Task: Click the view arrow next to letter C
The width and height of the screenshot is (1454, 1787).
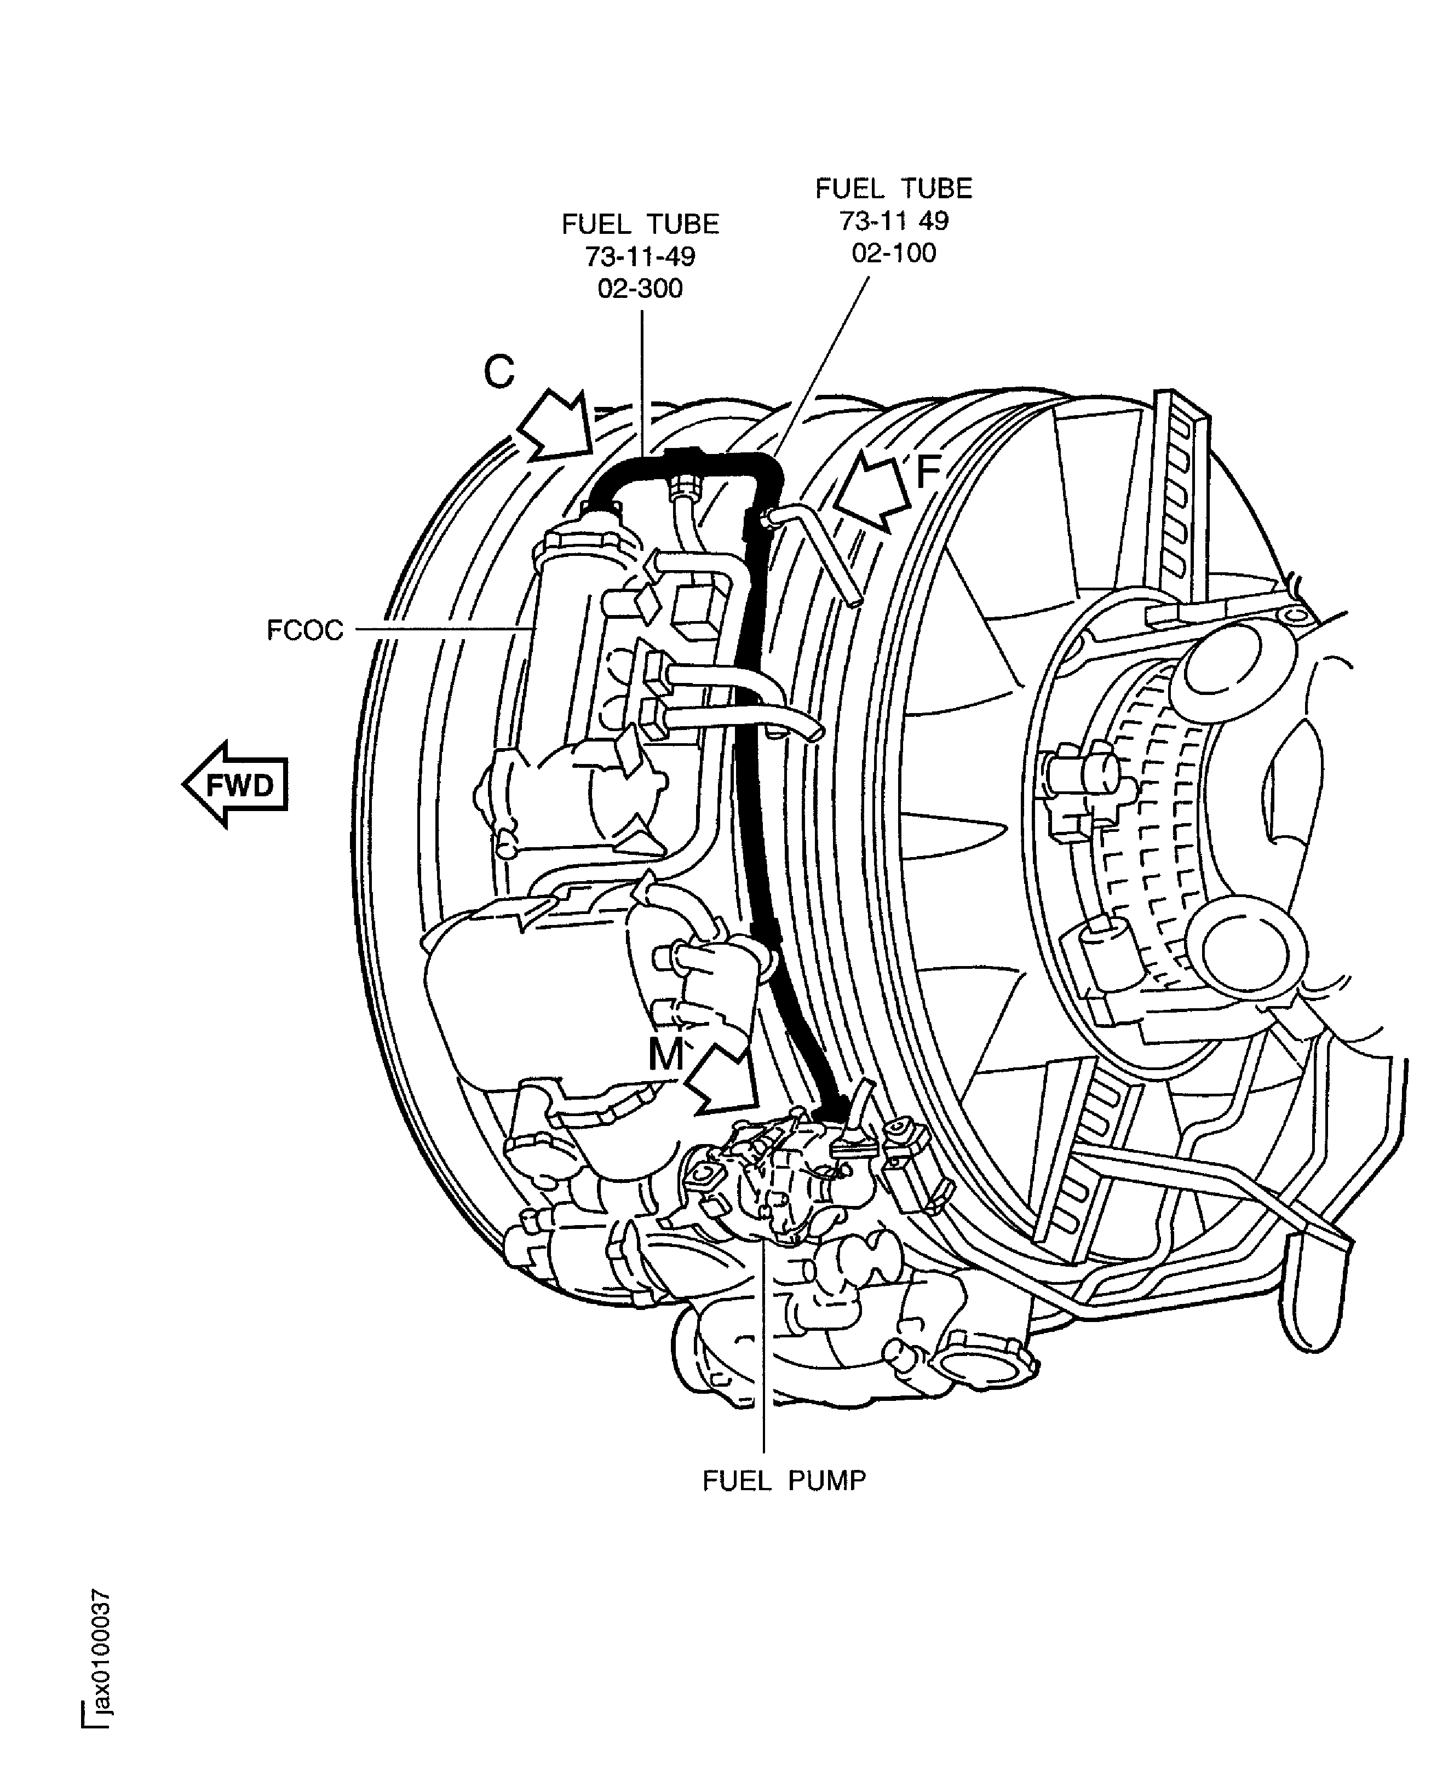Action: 556,426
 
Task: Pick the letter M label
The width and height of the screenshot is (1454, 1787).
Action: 666,1055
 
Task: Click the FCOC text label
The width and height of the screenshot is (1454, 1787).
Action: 305,630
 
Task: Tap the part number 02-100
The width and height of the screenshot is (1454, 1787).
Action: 894,253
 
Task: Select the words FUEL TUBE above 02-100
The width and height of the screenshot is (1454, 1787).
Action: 894,188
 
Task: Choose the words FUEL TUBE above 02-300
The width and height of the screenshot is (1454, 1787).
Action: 640,225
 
